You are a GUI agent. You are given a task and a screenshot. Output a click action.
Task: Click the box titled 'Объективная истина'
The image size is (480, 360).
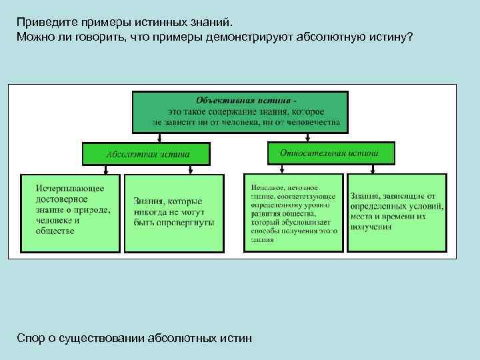240,111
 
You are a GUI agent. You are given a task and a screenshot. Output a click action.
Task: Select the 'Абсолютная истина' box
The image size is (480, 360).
145,153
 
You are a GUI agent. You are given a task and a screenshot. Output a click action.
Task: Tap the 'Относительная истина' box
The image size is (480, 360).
331,153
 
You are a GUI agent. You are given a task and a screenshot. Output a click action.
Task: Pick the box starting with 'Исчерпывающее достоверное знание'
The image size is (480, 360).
71,212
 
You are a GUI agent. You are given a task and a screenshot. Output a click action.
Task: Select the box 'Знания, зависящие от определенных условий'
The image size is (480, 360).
397,212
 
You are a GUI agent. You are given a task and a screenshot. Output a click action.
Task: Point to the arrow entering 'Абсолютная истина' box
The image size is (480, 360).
159,138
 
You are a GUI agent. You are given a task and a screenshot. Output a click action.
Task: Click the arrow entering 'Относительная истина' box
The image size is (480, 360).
306,137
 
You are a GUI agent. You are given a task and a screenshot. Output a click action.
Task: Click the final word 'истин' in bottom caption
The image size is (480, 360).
236,339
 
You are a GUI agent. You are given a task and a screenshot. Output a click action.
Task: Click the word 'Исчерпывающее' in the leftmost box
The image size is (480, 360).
70,189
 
